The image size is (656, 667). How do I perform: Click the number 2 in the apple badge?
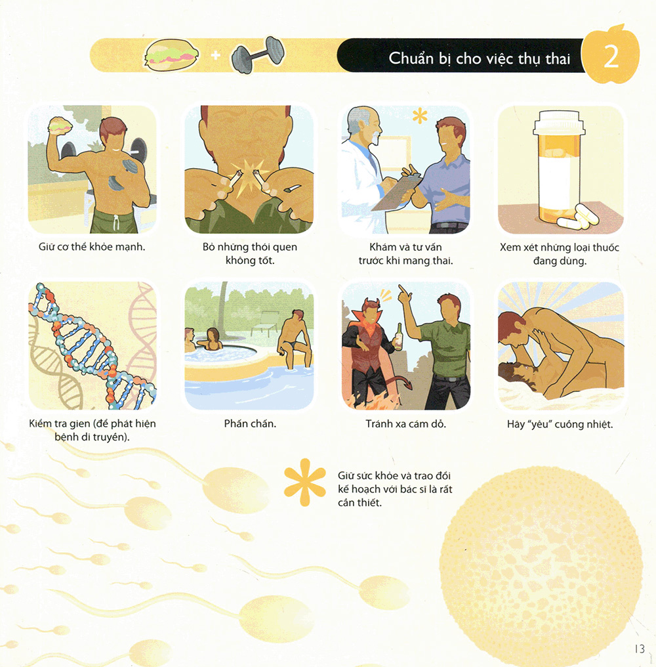coord(611,58)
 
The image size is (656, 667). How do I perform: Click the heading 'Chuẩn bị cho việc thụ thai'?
coord(480,59)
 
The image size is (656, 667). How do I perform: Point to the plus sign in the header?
coord(215,55)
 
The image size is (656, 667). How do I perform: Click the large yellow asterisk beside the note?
coord(304,486)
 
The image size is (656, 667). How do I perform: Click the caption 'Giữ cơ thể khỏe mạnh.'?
coord(91,247)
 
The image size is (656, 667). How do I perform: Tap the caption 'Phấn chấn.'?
coord(249,423)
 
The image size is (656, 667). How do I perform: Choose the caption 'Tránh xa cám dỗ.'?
coord(405,423)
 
